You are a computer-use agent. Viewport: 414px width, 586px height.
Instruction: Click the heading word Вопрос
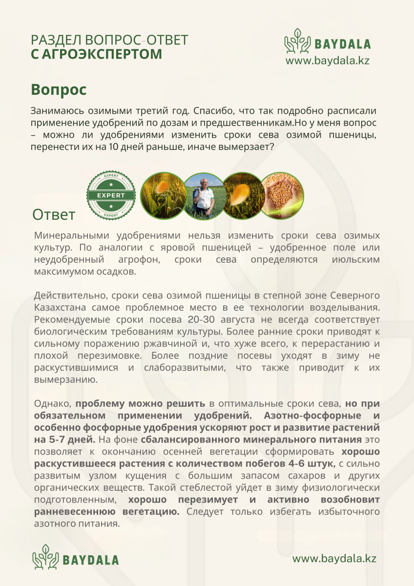[59, 90]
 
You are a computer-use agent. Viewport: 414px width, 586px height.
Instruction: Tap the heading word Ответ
[54, 214]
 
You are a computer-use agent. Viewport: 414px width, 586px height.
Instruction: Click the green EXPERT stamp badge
[111, 195]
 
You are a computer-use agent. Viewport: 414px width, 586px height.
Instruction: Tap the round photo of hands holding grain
[282, 195]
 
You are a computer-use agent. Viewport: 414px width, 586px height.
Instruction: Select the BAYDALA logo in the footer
[76, 558]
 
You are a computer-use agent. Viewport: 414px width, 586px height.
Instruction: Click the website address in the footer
[334, 558]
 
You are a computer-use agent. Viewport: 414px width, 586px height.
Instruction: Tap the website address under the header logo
[327, 61]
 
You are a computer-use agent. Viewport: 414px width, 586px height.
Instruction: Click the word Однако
[53, 404]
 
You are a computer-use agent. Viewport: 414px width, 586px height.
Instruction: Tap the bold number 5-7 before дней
[61, 439]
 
